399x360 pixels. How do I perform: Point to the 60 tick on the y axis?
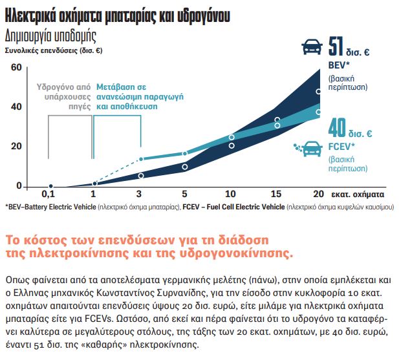(x=16, y=67)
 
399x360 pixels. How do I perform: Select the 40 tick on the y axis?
(x=16, y=107)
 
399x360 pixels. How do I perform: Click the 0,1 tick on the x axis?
(x=49, y=194)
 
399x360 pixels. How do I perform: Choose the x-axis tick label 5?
(x=184, y=194)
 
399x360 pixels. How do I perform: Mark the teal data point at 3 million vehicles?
(x=140, y=159)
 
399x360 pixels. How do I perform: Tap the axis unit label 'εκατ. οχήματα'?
(x=360, y=194)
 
